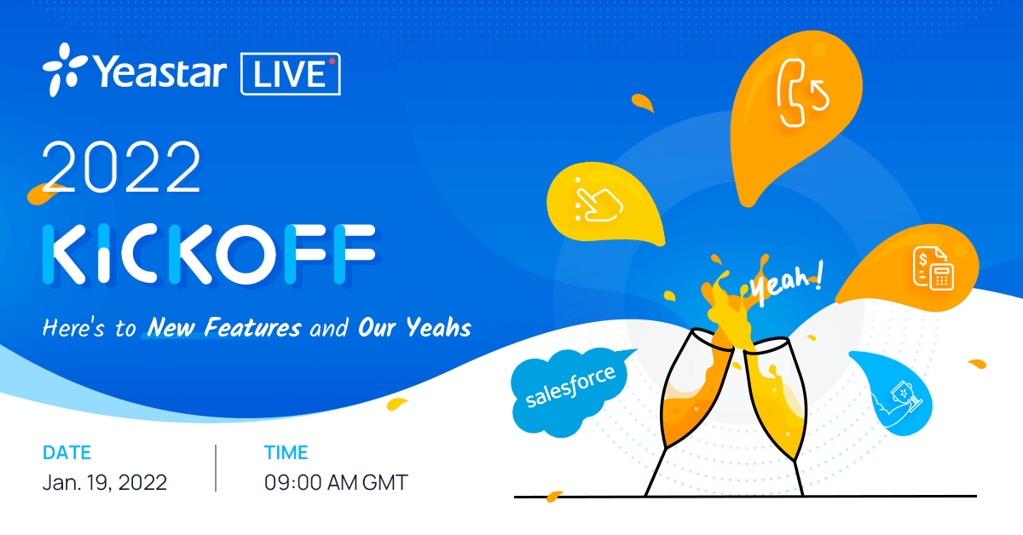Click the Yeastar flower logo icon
click(65, 70)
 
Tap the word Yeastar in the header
click(160, 72)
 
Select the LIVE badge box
click(291, 74)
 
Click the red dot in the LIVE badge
click(332, 61)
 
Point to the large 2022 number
click(121, 167)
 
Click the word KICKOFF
click(209, 254)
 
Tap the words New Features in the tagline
click(224, 327)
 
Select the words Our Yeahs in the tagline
click(414, 327)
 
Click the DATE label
click(66, 452)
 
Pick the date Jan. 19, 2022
click(105, 482)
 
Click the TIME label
click(286, 452)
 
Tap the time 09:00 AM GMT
click(336, 482)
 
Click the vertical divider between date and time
click(216, 468)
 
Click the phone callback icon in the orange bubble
click(802, 93)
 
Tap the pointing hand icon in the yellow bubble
click(598, 201)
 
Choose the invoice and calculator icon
click(933, 268)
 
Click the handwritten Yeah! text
click(786, 283)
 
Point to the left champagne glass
click(689, 411)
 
